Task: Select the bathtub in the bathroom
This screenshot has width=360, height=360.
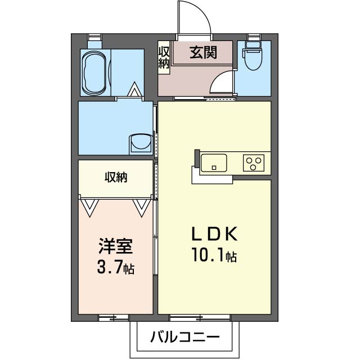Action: (95, 73)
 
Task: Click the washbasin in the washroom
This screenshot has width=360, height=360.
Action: (140, 143)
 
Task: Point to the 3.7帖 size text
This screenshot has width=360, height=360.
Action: (115, 267)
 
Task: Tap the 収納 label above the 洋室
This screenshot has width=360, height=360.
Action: (116, 178)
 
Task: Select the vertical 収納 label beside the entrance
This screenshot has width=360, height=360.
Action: (164, 57)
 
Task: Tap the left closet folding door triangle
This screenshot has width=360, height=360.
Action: (89, 208)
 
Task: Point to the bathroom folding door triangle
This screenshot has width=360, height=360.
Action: (134, 90)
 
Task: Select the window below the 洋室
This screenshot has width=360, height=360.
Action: (113, 318)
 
